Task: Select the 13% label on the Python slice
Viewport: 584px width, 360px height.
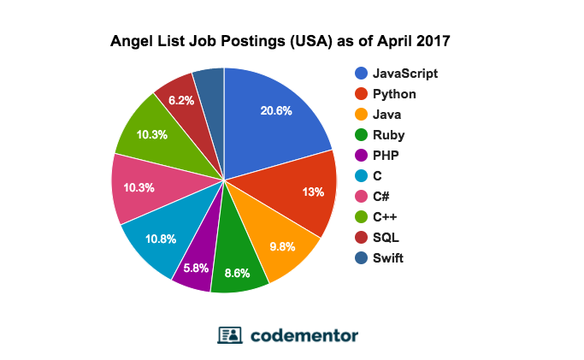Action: [313, 192]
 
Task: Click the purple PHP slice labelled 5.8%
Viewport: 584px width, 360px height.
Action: [196, 268]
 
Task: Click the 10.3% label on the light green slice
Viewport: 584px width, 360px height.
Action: [151, 134]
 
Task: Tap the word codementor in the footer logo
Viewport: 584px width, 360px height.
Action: [304, 334]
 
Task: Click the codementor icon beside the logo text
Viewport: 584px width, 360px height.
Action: [230, 334]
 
